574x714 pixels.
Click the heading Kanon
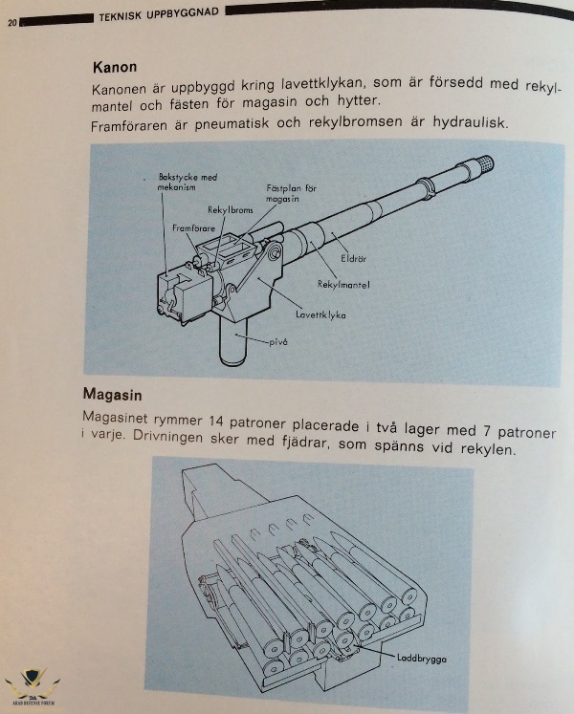115,68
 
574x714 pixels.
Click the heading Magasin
112,395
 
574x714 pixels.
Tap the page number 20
12,23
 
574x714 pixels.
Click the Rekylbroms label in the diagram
231,210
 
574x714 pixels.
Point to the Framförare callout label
193,228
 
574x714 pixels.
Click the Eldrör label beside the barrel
353,259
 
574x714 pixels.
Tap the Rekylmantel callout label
343,285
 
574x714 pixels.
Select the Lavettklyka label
320,314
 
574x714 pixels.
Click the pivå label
278,342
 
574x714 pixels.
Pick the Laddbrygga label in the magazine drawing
421,659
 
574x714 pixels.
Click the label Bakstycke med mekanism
187,183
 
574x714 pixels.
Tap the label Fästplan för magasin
291,193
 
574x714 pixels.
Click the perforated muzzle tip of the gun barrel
483,163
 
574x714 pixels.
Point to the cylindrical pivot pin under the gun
233,341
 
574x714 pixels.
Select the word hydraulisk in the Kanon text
470,122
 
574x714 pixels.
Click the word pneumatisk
232,124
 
